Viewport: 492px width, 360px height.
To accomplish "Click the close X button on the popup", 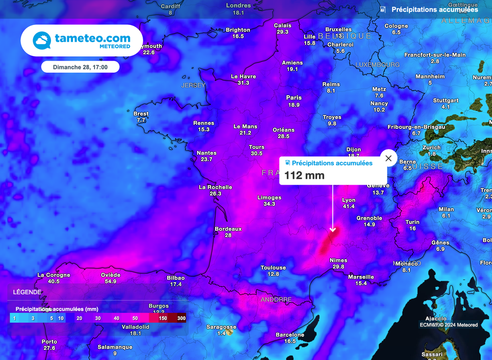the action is point(388,158).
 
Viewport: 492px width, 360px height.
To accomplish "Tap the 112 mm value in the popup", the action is point(298,175).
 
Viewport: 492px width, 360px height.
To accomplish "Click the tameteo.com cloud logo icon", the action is point(41,41).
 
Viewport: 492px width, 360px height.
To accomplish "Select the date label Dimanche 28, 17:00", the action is point(80,67).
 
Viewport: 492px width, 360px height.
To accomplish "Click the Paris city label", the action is point(294,98).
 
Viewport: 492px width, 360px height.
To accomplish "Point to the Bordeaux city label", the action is point(228,229).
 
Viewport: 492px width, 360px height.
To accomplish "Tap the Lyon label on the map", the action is point(349,200).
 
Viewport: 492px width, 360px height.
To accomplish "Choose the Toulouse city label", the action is point(273,268).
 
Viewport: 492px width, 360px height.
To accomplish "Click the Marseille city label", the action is point(361,277).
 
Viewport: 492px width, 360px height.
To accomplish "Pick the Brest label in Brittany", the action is point(141,114).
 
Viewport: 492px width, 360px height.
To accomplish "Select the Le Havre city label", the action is point(244,76).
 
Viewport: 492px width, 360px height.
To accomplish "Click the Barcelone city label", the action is point(290,335).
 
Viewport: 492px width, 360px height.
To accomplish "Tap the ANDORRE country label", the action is point(276,299).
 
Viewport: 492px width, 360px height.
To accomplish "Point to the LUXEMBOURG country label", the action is point(378,64).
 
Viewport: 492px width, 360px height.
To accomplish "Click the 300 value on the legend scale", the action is point(181,318).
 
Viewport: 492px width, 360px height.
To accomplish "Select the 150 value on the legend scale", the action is point(163,318).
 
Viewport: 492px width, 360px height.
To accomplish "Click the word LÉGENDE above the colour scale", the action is point(27,292).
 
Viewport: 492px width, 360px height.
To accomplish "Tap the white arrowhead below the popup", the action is point(332,230).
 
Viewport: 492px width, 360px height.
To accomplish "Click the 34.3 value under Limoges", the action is point(269,204).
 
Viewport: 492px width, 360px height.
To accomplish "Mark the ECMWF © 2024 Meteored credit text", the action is point(448,325).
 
